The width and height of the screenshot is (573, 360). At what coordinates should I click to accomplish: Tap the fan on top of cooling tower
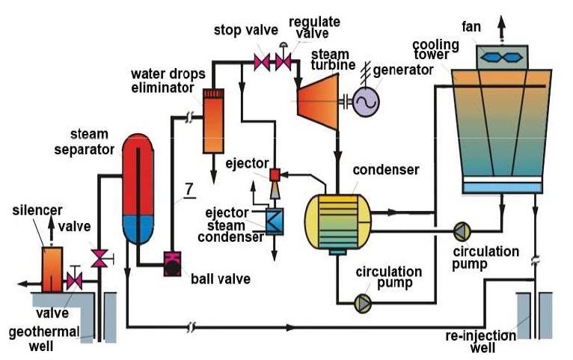(502, 55)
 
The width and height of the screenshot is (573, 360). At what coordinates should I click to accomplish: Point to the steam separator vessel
(138, 187)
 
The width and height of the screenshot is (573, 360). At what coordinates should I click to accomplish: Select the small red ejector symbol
(274, 176)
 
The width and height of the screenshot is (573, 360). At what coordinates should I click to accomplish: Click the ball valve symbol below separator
(174, 263)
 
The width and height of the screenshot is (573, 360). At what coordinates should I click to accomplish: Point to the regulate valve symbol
(283, 61)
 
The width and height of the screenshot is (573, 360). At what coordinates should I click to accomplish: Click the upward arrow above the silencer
(51, 227)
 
